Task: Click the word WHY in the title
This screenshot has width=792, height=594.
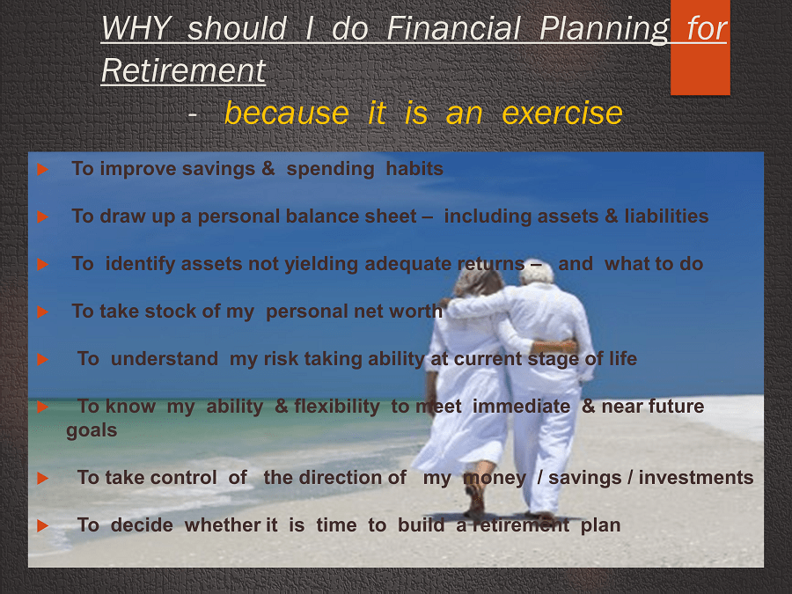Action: [136, 28]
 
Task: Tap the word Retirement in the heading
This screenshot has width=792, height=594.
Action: [183, 70]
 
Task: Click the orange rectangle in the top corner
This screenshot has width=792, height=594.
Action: [700, 48]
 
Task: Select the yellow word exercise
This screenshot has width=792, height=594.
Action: [562, 113]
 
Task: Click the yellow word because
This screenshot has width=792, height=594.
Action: [286, 113]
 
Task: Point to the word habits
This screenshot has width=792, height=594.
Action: [414, 169]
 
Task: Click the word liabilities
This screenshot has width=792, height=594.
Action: [666, 216]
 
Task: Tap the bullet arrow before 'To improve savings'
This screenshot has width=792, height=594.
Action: [43, 169]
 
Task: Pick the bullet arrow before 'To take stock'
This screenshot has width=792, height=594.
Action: [43, 312]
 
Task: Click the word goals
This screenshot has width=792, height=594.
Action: [92, 431]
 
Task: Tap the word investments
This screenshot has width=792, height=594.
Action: [695, 477]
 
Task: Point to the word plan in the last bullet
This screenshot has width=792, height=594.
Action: [600, 526]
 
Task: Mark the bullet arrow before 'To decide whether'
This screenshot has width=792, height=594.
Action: [43, 526]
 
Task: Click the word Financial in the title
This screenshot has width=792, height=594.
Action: [453, 28]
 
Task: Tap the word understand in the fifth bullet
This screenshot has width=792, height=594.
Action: [165, 359]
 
